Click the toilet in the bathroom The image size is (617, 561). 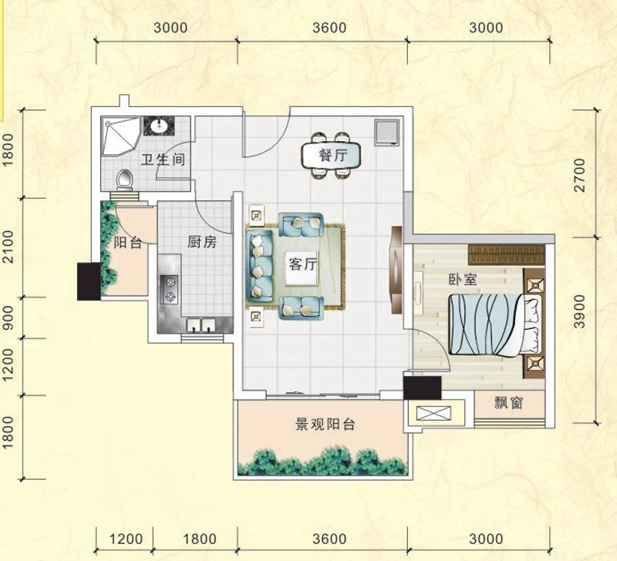[125, 180]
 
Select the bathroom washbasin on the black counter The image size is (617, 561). [160, 126]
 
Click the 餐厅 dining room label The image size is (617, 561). [333, 156]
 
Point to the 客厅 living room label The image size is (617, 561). [302, 264]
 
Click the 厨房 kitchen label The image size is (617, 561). [202, 242]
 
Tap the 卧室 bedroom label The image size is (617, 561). [463, 279]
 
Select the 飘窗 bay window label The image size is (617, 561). [508, 403]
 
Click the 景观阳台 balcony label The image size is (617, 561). [325, 424]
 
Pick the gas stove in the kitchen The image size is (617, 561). [170, 290]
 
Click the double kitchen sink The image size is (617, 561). [201, 324]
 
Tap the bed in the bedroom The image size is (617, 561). [495, 325]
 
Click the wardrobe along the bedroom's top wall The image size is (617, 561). [506, 255]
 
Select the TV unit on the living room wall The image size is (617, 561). [396, 270]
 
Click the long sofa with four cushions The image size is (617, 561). [259, 266]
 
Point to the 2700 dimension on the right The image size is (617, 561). [580, 175]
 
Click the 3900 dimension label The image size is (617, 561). [580, 311]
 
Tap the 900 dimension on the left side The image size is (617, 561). [8, 317]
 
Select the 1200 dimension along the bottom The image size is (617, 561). [126, 539]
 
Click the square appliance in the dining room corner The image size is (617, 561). [387, 132]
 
